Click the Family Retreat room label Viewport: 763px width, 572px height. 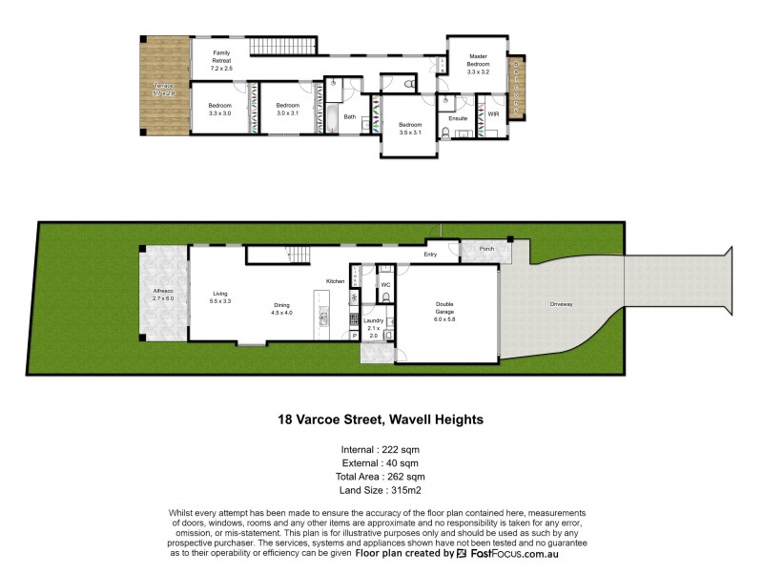[x=221, y=60]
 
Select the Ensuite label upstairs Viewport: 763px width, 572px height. [x=458, y=117]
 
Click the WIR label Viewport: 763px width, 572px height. [x=493, y=114]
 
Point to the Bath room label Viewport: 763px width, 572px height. [x=350, y=117]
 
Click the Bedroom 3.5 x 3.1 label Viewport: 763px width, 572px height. [x=410, y=129]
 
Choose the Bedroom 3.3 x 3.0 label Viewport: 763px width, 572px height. [x=220, y=109]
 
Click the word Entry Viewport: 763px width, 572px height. [x=430, y=255]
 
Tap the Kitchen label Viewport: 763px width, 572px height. [x=335, y=281]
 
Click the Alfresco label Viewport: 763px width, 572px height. [x=163, y=294]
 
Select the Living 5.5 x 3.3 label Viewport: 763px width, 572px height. [x=220, y=296]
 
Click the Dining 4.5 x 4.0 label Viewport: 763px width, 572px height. [x=280, y=308]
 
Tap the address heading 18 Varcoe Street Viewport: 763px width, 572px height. [x=381, y=419]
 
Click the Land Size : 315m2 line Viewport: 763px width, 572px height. [x=381, y=490]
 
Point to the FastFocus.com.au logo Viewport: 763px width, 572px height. [x=508, y=553]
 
